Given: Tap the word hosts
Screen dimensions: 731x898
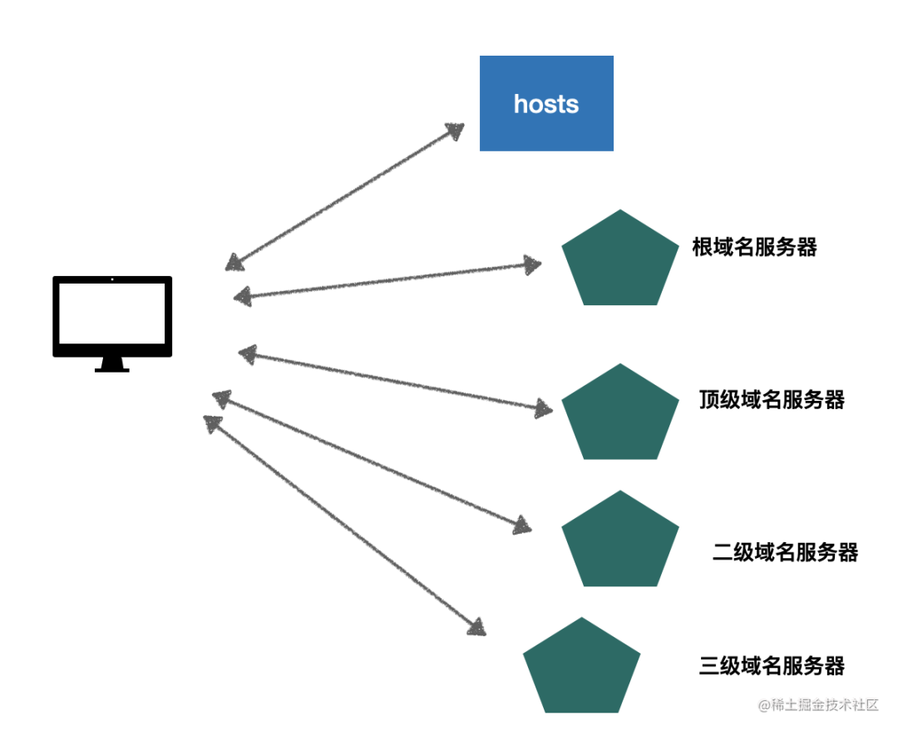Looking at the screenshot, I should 546,104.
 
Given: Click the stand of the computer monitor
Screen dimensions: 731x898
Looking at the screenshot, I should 112,364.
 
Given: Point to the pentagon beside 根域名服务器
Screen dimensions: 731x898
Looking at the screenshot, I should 620,260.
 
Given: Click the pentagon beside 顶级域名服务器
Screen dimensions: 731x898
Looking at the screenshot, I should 620,414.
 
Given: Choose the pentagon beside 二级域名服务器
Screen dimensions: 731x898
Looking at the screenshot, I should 620,541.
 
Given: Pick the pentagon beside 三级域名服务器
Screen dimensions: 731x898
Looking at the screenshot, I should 582,668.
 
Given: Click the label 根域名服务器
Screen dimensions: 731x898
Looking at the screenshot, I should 754,247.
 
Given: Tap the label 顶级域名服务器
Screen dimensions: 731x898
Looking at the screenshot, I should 772,400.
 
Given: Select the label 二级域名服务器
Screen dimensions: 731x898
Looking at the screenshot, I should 785,552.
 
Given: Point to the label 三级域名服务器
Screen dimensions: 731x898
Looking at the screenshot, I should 772,665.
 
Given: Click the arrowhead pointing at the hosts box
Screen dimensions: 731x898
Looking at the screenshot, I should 455,131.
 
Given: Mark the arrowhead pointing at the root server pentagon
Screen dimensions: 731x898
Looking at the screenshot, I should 532,265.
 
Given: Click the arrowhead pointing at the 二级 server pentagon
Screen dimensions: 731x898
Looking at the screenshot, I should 522,526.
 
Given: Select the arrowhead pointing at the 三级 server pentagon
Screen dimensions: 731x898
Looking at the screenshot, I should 476,627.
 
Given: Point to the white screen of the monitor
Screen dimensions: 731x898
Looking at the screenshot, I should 112,316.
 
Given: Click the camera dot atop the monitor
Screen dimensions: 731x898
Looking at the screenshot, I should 112,280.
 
